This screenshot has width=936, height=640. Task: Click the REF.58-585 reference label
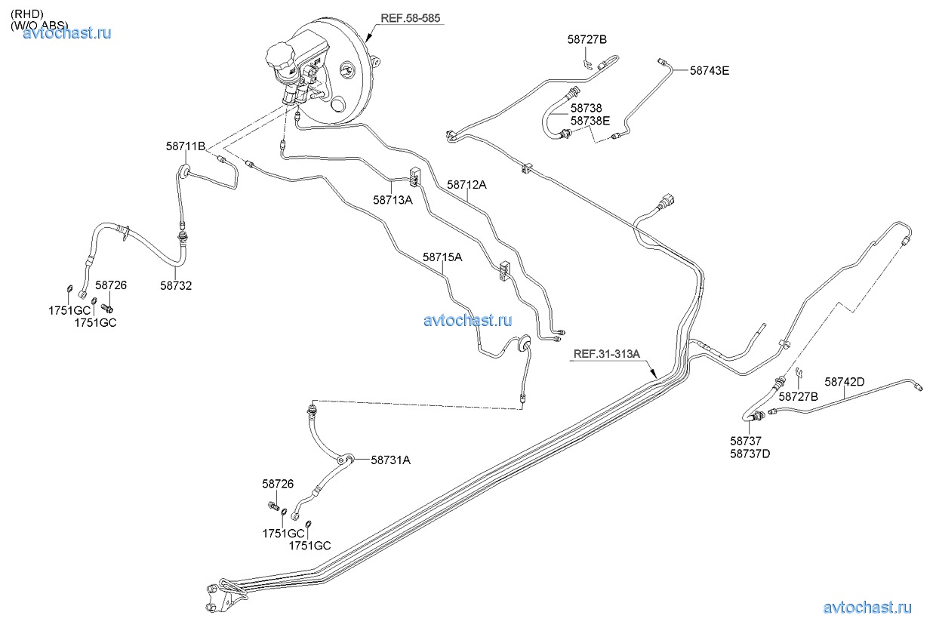coord(411,18)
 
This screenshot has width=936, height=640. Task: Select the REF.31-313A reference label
coord(607,353)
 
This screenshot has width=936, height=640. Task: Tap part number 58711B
coord(186,146)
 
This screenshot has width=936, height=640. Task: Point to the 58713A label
coord(393,200)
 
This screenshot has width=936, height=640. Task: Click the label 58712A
coord(466,183)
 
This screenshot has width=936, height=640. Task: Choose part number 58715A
coord(442,257)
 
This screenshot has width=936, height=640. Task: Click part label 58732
coord(176,285)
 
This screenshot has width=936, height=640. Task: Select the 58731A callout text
coord(390,460)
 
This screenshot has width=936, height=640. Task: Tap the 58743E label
coord(710,71)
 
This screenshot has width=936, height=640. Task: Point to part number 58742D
coord(844,382)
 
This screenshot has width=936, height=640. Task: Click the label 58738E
coord(590,121)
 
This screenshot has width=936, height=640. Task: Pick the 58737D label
coord(750,454)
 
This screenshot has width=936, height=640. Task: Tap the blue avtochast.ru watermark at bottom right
coord(867,607)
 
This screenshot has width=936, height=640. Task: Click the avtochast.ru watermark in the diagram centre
coord(467,320)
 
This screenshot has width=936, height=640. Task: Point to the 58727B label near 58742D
coord(799,396)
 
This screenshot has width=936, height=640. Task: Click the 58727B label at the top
coord(587,39)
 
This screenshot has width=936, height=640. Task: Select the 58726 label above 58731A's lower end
coord(278,484)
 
